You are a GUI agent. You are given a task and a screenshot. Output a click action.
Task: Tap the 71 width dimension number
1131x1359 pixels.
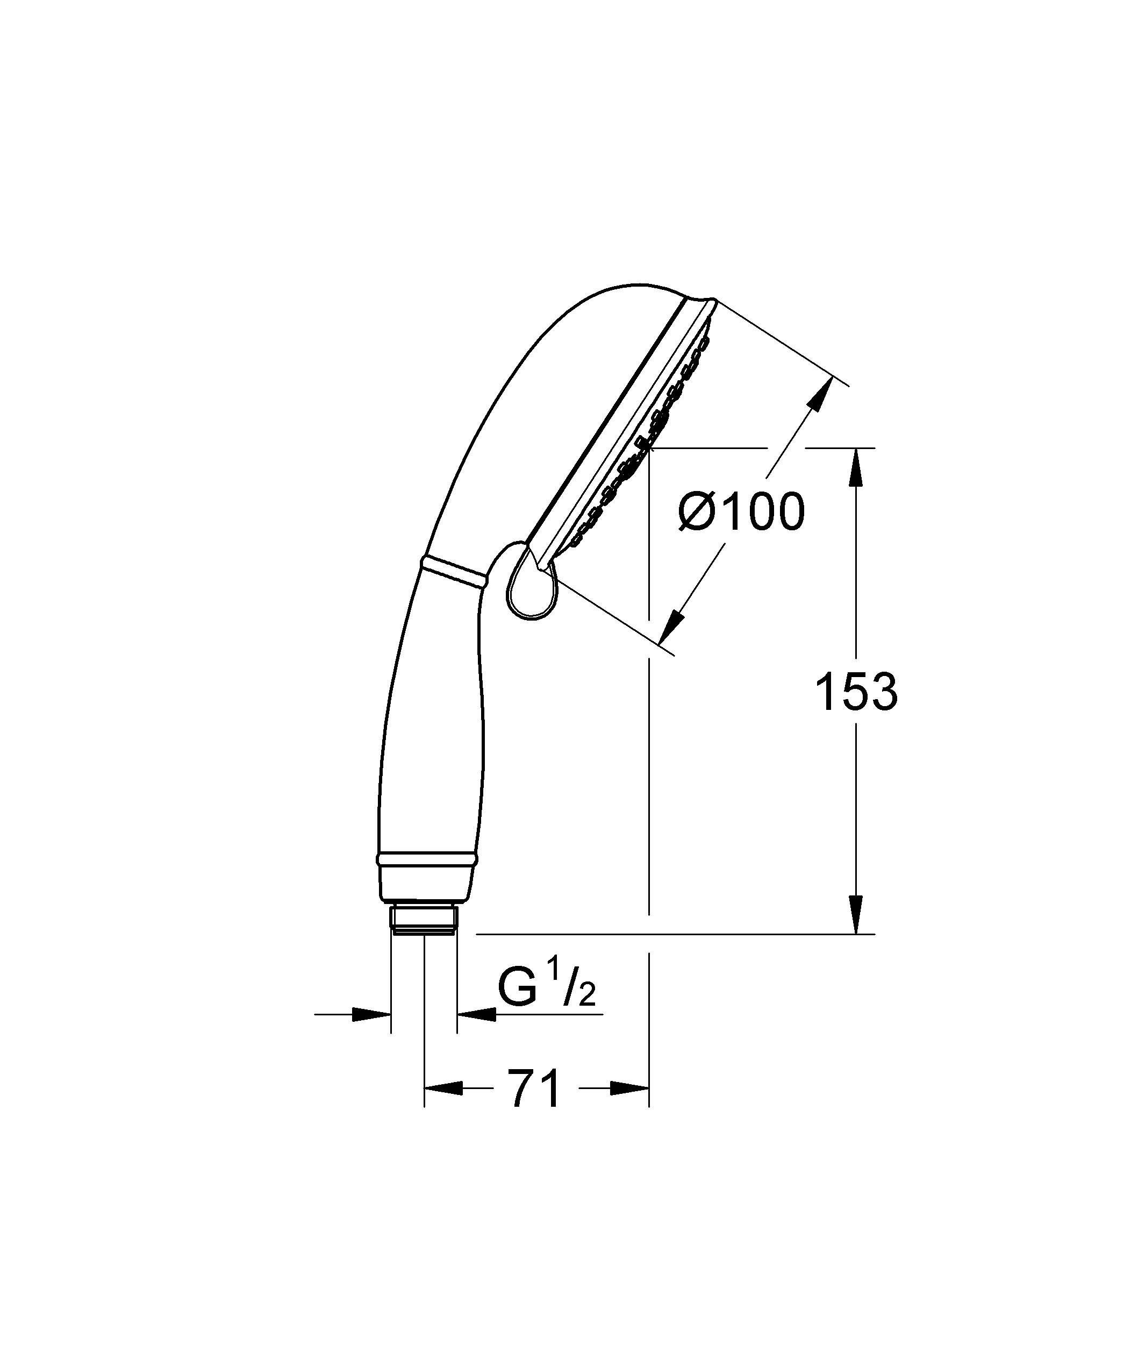pyautogui.click(x=535, y=1088)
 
